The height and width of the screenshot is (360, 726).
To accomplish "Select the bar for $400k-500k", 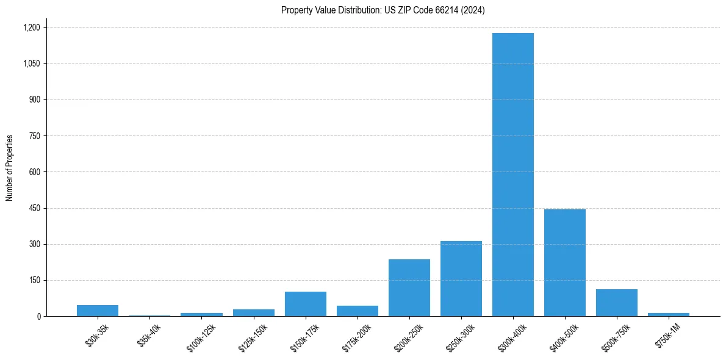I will point(565,262).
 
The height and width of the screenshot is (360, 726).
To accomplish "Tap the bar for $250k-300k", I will point(461,278).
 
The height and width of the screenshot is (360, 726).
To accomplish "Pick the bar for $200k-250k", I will point(409,287).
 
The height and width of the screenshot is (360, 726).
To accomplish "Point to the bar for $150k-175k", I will point(306,304).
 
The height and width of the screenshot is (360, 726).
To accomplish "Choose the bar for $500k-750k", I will point(617,303).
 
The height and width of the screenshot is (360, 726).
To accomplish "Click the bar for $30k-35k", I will point(98,311).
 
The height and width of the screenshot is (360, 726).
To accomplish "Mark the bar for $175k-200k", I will point(358,311).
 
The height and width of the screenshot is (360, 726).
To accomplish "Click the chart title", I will point(383,10).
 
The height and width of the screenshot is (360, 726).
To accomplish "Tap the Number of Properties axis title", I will point(10,168).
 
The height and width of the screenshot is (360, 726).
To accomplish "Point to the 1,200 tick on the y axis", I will point(31,27).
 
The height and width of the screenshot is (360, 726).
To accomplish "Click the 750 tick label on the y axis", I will point(34,136).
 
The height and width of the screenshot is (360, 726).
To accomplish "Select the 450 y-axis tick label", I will point(34,208).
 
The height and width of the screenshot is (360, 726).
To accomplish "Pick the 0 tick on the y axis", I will point(38,316).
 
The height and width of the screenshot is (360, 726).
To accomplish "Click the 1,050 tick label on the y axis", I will point(31,63).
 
